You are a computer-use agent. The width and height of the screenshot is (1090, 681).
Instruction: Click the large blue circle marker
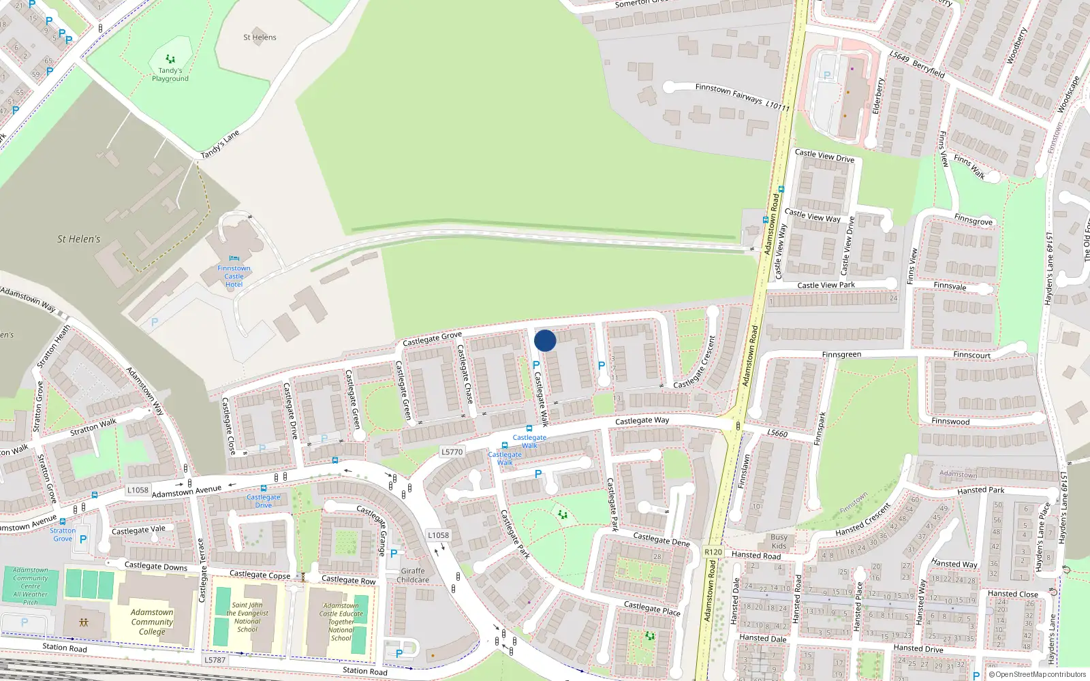click(545, 340)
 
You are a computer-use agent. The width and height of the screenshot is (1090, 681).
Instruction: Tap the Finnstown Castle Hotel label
click(234, 276)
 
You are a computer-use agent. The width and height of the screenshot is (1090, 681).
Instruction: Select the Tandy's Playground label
click(170, 74)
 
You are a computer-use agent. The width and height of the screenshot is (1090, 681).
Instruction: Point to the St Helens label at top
click(260, 37)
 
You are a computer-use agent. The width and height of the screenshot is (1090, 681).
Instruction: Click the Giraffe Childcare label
click(413, 575)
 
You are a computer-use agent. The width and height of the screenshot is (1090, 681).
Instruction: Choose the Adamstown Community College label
click(152, 622)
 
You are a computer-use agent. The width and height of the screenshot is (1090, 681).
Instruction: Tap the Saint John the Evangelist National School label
click(247, 617)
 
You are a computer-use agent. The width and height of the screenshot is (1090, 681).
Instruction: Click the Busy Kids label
click(779, 541)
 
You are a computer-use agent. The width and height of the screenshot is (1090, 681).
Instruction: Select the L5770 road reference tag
click(452, 452)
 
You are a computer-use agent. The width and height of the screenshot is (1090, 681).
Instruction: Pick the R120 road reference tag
click(713, 552)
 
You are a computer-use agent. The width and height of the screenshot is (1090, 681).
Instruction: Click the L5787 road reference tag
click(215, 660)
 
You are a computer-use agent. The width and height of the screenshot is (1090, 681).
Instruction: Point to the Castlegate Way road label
click(642, 421)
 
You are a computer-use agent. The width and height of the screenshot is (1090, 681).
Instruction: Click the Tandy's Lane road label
click(220, 144)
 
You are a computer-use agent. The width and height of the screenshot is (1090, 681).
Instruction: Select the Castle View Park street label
click(826, 285)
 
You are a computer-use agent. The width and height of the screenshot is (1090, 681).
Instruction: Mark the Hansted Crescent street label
click(863, 520)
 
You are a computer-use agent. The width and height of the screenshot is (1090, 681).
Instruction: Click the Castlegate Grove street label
click(432, 338)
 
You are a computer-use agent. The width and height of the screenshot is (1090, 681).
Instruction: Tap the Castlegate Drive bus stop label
click(264, 501)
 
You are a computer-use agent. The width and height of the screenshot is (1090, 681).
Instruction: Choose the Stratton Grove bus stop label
click(63, 535)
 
